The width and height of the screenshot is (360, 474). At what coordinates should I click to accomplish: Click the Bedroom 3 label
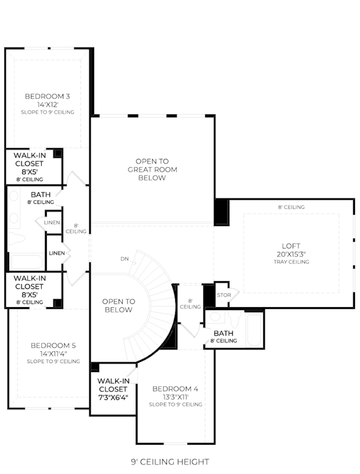47,96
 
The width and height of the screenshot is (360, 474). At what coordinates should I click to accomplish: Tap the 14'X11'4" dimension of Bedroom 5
53,354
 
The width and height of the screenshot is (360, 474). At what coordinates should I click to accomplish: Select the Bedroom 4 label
175,389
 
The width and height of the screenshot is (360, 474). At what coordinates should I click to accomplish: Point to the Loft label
291,246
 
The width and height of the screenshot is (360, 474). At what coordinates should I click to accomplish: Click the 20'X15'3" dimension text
291,254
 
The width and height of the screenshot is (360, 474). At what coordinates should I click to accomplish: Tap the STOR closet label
224,295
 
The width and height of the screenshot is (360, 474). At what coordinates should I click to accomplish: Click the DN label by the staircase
125,259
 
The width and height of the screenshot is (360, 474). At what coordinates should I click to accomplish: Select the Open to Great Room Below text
152,170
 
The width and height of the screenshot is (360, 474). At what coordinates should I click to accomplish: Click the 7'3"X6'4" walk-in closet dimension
113,397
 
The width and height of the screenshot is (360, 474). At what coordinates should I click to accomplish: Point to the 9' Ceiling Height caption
170,462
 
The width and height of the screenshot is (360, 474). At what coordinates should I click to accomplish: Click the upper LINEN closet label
52,223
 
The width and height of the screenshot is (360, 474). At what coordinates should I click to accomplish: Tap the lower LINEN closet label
57,253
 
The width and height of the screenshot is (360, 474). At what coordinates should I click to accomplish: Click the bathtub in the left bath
26,262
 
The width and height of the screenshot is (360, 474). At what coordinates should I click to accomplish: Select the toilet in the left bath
16,238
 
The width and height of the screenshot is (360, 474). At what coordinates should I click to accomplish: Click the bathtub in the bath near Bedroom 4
254,330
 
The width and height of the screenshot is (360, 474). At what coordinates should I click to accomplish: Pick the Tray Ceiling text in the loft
291,262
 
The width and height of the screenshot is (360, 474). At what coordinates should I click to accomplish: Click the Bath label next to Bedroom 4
223,334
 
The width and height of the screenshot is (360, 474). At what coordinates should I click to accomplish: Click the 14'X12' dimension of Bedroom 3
47,105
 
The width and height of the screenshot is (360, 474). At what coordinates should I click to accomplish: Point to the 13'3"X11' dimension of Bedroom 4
176,397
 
